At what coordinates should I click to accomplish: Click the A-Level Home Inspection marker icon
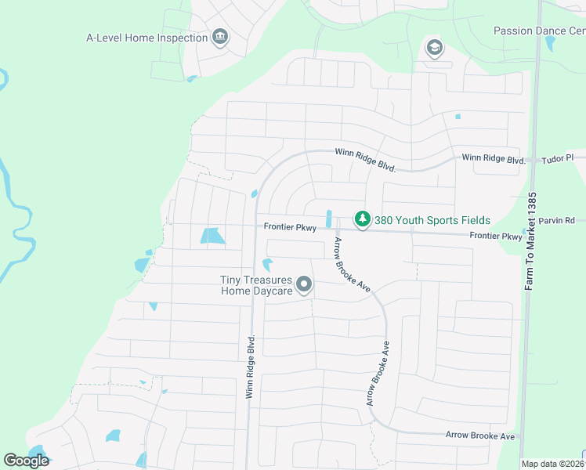coord(220,38)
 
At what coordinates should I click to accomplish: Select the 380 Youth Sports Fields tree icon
coord(362,219)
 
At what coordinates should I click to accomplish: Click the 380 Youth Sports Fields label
coord(432,220)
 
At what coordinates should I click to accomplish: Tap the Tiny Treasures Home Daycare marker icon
coord(304,286)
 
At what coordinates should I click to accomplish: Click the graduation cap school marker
coord(433,49)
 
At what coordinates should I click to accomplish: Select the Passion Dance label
coord(539,31)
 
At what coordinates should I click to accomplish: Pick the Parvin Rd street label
coord(559,220)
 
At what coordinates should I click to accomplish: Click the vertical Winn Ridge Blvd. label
coord(251,367)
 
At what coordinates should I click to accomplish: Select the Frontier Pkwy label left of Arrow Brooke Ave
coord(289,228)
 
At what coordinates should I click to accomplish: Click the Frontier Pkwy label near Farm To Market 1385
coord(495,236)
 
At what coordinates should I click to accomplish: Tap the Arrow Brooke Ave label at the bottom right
coord(479,435)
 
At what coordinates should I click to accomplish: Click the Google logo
coord(26,461)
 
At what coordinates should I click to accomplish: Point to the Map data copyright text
coord(552,464)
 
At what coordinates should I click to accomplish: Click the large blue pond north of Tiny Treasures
coord(211,235)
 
